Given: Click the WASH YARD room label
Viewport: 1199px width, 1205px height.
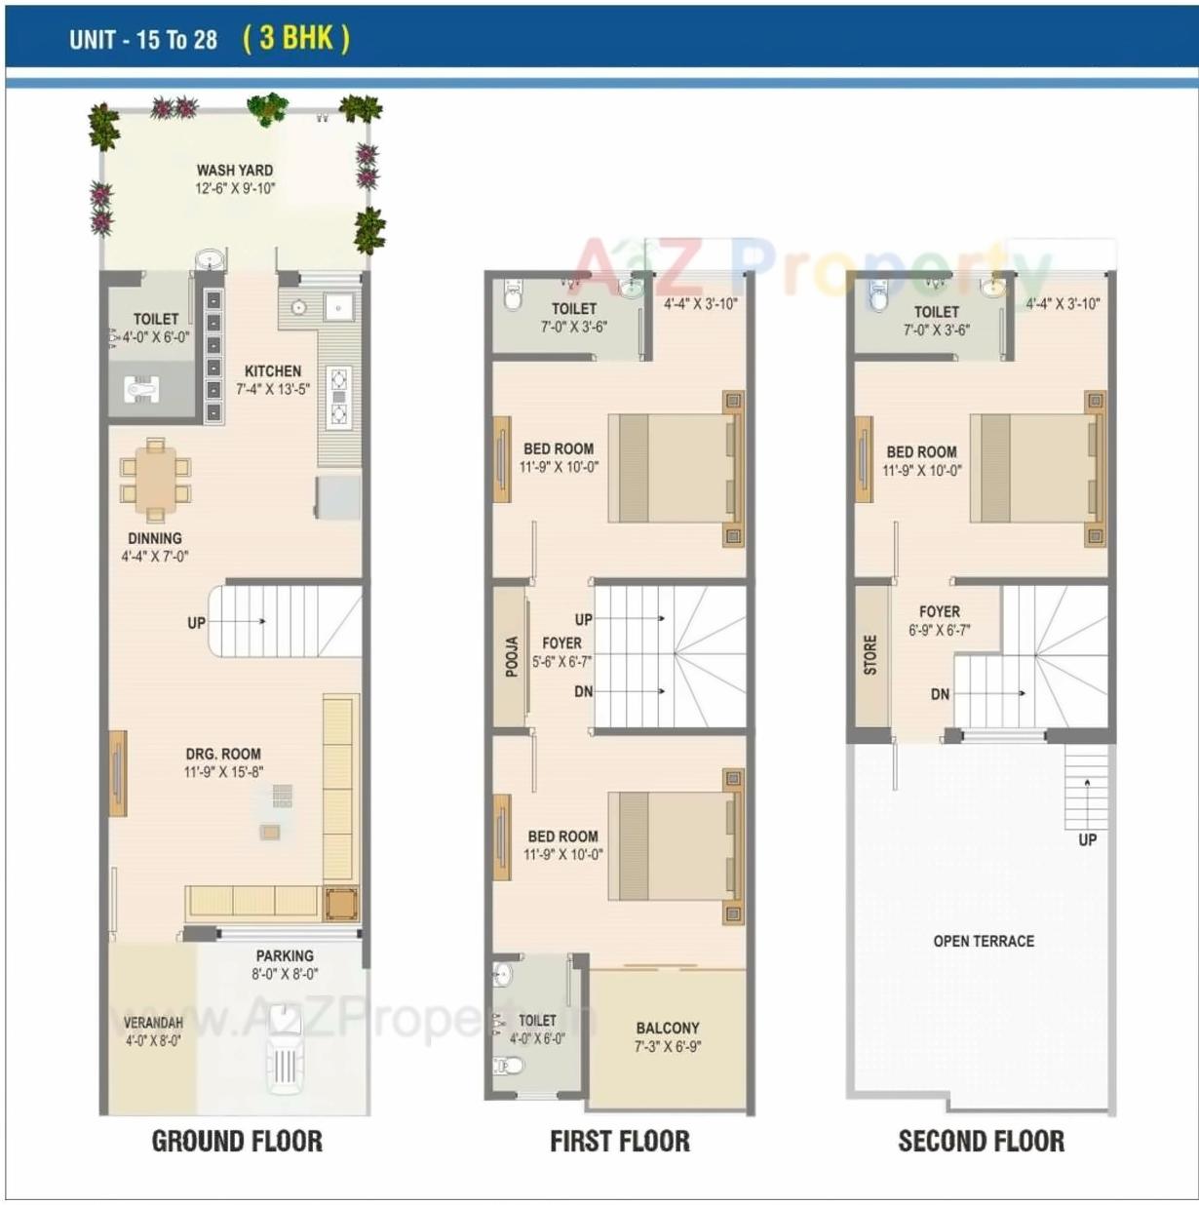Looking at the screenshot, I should tap(235, 170).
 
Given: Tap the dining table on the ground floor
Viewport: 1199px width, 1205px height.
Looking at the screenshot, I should tap(155, 482).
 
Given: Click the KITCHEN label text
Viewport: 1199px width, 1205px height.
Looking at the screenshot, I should tap(273, 371).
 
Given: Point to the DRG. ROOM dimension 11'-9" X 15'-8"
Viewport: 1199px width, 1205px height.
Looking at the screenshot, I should tap(223, 772).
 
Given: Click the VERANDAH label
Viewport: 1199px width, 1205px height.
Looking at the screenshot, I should tap(153, 1023).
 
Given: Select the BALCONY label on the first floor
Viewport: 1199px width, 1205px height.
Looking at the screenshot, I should tap(668, 1028).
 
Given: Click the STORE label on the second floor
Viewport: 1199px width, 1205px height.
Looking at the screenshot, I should tap(870, 655).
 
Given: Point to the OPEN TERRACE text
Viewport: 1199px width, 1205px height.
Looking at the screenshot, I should tap(984, 941).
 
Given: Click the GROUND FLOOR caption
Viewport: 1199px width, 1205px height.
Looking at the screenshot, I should tap(237, 1141).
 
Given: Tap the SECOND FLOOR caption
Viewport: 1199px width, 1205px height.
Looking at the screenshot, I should tap(981, 1141).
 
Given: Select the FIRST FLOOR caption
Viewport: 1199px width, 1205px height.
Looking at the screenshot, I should tap(619, 1141).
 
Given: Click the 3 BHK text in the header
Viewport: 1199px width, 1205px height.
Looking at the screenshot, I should tap(295, 38).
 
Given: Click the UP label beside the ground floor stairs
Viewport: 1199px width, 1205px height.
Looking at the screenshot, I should tap(197, 623).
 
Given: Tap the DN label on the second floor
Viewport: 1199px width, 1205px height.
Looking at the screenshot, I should tap(940, 694).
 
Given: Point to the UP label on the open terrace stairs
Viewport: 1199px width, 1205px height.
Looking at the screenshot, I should tap(1087, 839).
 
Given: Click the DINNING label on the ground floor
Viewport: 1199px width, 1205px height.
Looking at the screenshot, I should tap(155, 538).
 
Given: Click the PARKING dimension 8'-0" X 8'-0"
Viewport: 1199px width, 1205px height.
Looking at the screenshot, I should tap(285, 974).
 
